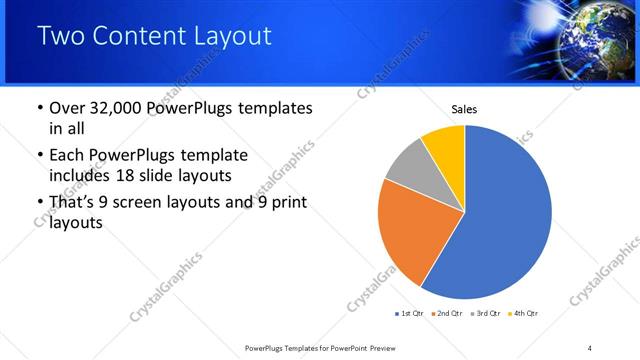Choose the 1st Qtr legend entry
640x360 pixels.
point(411,314)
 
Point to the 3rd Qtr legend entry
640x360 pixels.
point(486,314)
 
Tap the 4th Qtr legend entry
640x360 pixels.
point(524,314)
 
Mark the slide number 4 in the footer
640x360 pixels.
point(590,347)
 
